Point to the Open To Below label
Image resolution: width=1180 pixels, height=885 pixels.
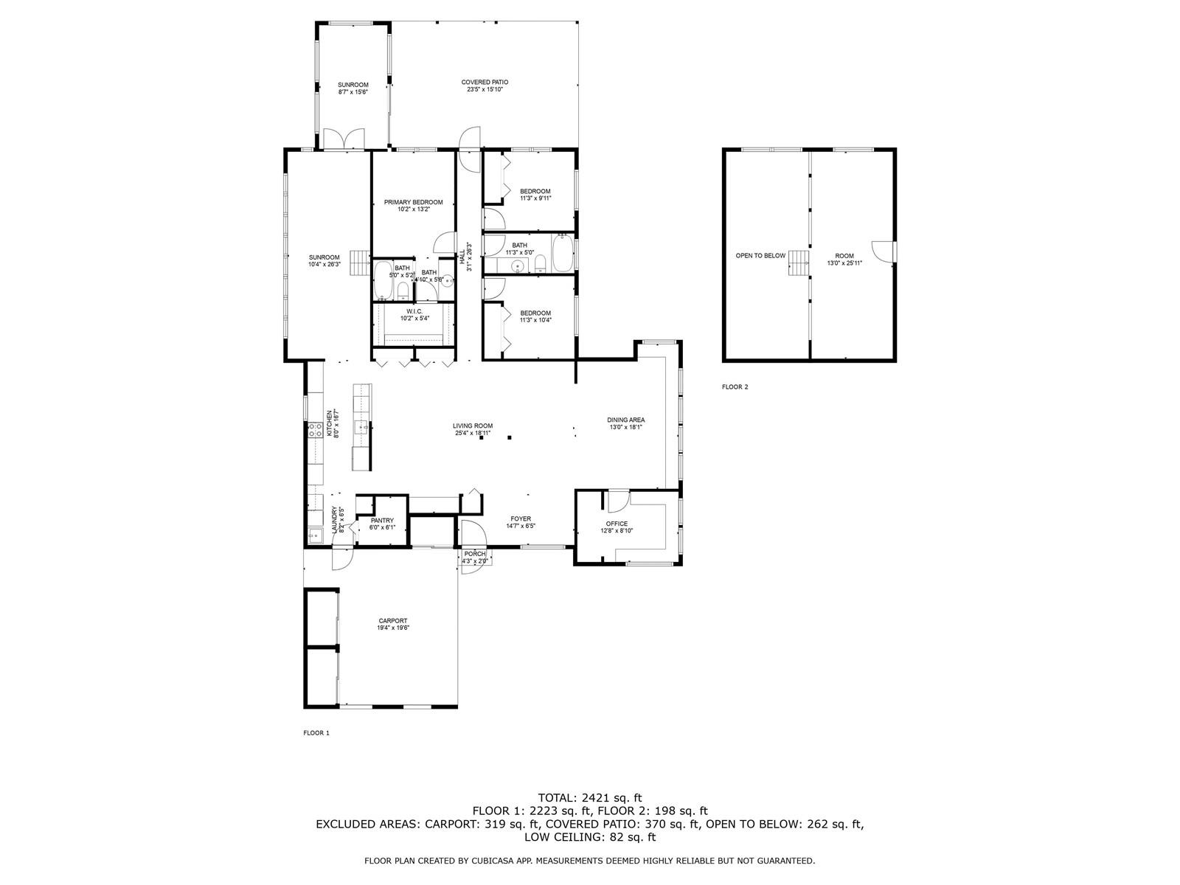tap(760, 256)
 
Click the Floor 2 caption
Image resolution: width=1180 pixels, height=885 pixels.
tap(735, 387)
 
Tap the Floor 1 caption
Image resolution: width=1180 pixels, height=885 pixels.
tap(316, 733)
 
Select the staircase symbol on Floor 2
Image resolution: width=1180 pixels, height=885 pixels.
tap(799, 263)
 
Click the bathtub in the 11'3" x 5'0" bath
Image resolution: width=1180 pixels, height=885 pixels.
tap(563, 253)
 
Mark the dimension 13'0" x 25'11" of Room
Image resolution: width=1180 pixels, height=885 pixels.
tap(844, 263)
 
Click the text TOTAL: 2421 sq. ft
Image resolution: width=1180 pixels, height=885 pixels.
tap(590, 798)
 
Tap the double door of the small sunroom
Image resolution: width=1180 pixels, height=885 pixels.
tap(344, 139)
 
